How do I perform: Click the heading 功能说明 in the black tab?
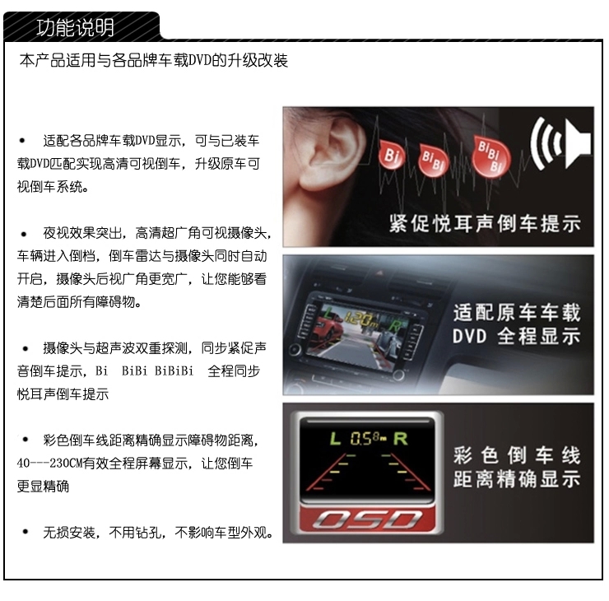coord(75,27)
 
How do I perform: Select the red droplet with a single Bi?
coord(392,155)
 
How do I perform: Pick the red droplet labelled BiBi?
coord(433,160)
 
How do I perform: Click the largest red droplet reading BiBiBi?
coord(490,156)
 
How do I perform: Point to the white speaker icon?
coord(560,144)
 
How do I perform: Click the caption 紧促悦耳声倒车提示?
coord(485,224)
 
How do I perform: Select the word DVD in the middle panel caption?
coord(470,336)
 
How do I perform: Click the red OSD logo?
coord(367,519)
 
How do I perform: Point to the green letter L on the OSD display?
coord(335,439)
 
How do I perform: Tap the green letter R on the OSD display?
coord(401,439)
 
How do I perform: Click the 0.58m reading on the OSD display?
coord(368,439)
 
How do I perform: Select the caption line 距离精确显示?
coord(517,479)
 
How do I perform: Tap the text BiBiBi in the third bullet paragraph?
coord(174,371)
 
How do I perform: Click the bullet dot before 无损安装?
coord(26,532)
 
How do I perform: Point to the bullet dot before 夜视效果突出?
coord(24,234)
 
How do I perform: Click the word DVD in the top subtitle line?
coord(200,61)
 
